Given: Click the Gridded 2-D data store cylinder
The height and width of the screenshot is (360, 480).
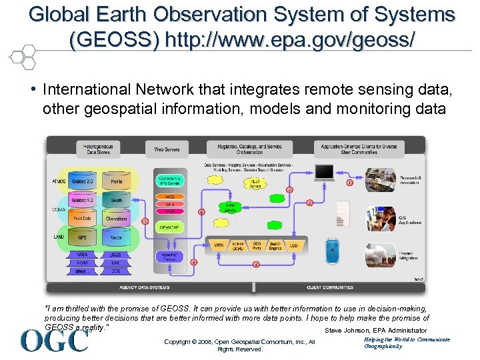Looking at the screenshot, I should [83, 181].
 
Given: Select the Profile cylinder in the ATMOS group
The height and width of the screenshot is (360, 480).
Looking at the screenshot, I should [117, 181].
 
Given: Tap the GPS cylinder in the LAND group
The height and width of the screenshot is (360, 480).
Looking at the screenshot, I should [83, 237].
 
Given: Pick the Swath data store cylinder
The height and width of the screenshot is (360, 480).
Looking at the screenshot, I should [117, 200].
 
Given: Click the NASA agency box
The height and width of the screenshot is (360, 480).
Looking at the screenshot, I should [83, 254].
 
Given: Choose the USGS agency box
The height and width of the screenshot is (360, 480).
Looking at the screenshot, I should [116, 254].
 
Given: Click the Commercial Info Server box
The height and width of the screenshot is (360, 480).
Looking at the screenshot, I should [169, 180].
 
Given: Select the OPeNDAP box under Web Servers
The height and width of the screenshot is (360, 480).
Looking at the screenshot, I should [169, 227].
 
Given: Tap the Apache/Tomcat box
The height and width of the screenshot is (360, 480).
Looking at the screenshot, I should [169, 255].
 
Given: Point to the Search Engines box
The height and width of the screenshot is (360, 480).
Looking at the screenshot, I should [273, 246].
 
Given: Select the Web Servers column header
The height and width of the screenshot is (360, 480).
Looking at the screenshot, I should [168, 150].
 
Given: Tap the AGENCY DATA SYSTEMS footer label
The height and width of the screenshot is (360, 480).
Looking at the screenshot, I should [144, 287].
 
